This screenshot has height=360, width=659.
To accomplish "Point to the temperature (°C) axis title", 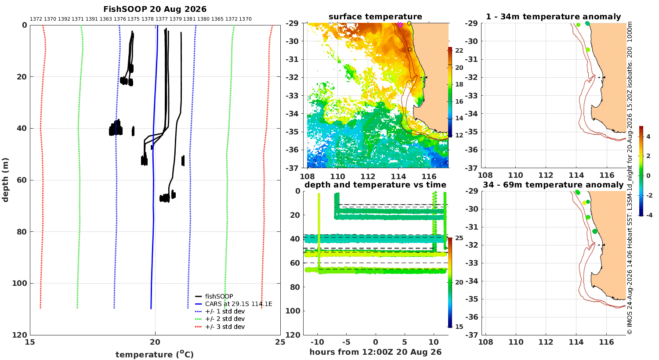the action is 155,354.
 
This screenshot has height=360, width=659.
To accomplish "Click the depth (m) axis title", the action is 5,180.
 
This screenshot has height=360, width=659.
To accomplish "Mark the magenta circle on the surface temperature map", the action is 400,25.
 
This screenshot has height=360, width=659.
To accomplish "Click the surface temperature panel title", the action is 375,17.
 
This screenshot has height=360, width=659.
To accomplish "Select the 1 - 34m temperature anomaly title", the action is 554,17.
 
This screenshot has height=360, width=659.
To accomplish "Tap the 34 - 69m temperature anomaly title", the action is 553,185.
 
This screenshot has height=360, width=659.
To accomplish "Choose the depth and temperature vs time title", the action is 375,185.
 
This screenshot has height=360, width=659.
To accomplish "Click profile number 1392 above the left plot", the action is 64,19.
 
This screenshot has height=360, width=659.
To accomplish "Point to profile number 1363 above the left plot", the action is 105,19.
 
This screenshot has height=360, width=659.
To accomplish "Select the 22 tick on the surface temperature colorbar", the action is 459,50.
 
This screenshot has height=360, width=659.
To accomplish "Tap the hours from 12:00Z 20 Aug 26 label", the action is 375,352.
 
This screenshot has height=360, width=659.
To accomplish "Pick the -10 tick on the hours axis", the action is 318,342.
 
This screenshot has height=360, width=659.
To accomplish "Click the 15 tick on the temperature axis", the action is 30,342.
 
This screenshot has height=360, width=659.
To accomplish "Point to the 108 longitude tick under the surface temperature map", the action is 308,176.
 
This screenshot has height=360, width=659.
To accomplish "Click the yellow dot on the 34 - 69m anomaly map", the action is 585,203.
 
